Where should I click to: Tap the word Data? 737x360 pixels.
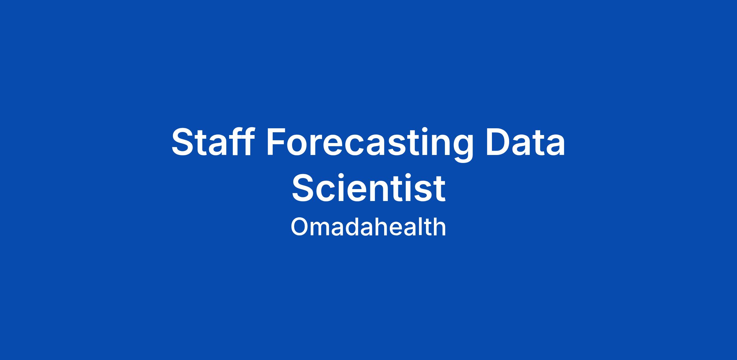tap(525, 142)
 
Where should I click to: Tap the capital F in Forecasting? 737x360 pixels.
tap(277, 142)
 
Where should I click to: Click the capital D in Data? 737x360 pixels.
tap(498, 142)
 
